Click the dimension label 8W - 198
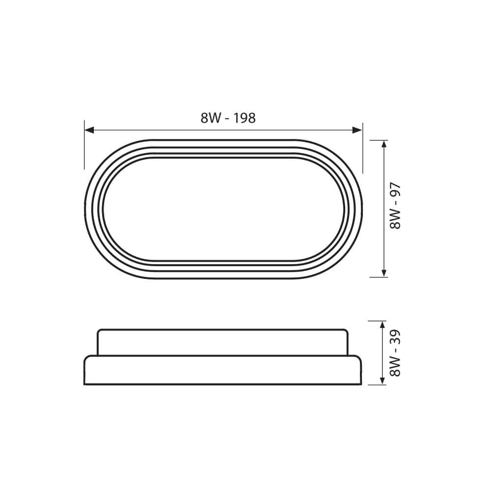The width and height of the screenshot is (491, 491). pyautogui.click(x=228, y=118)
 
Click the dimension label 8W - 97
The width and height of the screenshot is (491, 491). pyautogui.click(x=395, y=206)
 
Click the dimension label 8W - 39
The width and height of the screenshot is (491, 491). pyautogui.click(x=395, y=353)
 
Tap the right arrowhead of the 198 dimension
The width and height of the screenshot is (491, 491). pyautogui.click(x=357, y=130)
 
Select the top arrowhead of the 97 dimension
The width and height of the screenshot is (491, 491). pyautogui.click(x=384, y=145)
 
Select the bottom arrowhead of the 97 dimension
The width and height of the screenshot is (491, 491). pyautogui.click(x=384, y=272)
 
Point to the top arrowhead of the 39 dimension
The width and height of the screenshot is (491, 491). pyautogui.click(x=382, y=326)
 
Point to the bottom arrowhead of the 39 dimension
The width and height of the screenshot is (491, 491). pyautogui.click(x=382, y=380)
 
